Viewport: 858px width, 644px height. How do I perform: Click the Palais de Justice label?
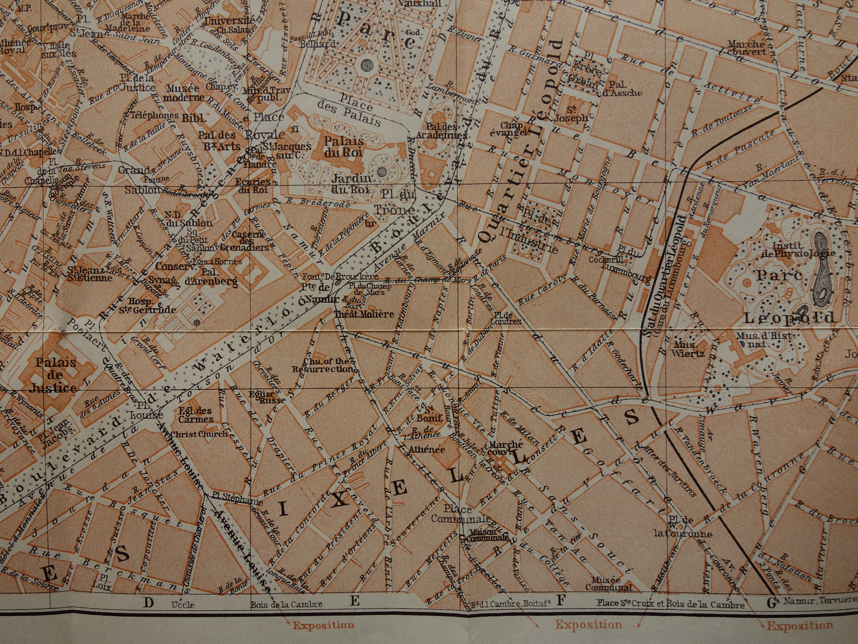tap(55, 375)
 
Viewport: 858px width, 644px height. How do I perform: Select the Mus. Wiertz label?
tap(689, 349)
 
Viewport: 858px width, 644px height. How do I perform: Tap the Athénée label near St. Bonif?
tap(426, 450)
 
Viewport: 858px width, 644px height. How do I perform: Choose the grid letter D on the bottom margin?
tap(148, 602)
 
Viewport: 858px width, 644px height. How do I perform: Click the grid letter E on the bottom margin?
tap(354, 601)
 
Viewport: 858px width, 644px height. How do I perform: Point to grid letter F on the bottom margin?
tap(559, 601)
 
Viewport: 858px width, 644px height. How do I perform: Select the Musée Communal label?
tap(609, 583)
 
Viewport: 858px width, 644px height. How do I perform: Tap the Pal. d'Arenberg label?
tap(211, 276)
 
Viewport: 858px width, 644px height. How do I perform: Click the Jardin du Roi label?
tap(351, 184)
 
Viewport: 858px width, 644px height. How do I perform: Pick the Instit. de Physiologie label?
tap(803, 250)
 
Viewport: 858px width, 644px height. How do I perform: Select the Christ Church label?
tap(199, 434)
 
